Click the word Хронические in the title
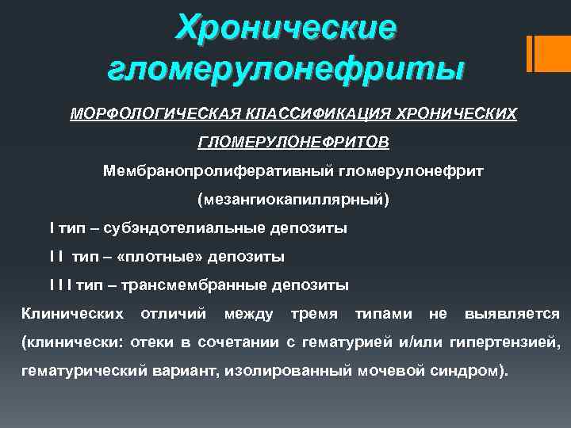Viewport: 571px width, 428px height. click(x=286, y=28)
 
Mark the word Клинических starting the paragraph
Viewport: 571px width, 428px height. click(x=72, y=314)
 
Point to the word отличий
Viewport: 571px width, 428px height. click(x=174, y=314)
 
